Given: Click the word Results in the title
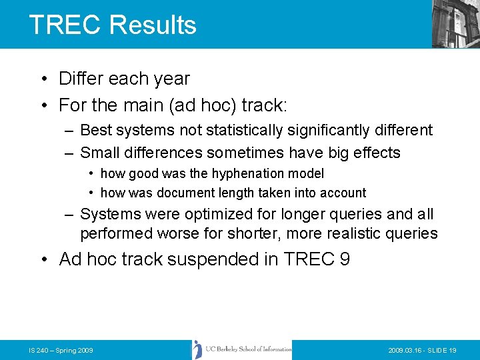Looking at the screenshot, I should [x=153, y=25].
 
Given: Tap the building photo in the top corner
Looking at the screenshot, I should [x=455, y=23].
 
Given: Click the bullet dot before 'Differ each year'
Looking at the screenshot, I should [x=42, y=79].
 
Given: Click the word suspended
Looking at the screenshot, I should [x=213, y=259].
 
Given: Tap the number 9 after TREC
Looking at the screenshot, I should [x=345, y=259].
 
